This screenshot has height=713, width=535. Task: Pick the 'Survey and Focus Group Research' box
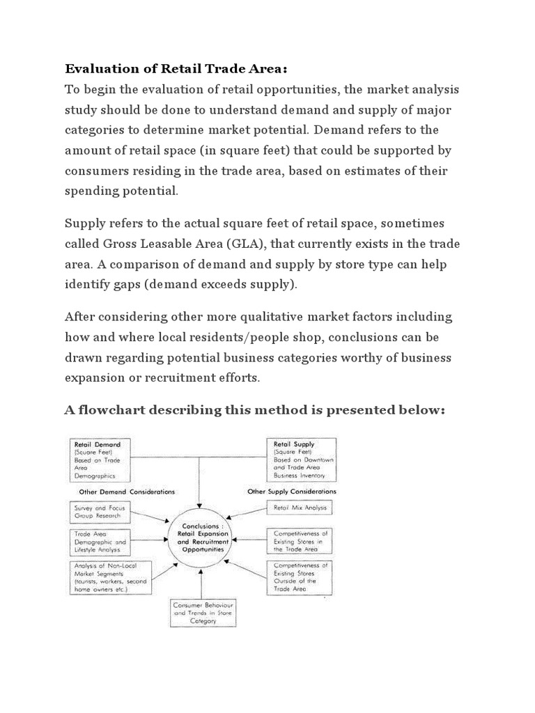[101, 512]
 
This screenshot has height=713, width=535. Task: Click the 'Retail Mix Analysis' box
[300, 509]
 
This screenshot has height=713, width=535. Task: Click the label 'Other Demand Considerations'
[121, 492]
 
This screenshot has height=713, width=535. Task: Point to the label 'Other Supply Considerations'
[292, 492]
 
